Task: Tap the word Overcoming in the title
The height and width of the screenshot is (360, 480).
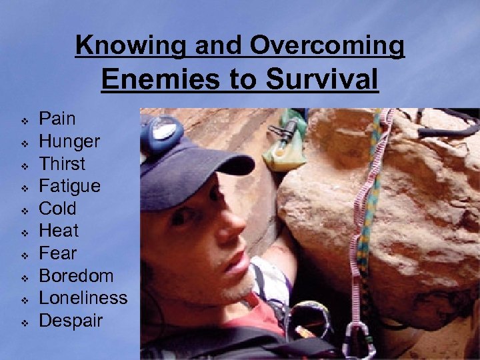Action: tap(327, 45)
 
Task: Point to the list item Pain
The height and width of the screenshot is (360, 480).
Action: tap(58, 119)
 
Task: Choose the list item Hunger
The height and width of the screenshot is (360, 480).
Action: tap(69, 141)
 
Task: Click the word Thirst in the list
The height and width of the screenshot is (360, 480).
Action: tap(63, 164)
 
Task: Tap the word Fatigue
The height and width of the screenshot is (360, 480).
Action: tap(70, 186)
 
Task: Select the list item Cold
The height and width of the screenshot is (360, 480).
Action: tap(58, 209)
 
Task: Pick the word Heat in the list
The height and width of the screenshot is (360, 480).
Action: tap(59, 231)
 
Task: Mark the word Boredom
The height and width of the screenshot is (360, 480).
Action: tap(76, 276)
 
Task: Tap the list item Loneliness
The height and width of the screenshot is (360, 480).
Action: tap(83, 298)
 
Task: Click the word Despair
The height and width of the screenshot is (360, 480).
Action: tap(71, 321)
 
